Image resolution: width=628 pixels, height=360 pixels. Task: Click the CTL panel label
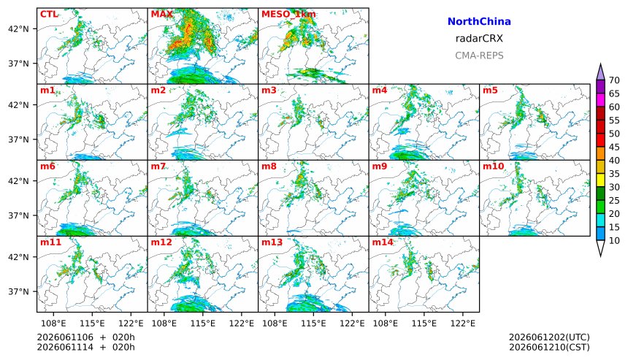pos(49,15)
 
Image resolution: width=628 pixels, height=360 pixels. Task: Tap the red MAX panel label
pos(162,15)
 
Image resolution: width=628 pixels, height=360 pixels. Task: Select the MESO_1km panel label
pos(288,15)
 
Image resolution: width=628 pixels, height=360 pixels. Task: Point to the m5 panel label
pos(490,90)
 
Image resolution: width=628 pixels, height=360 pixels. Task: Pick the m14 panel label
pos(383,242)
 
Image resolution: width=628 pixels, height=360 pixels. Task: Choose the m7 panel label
pos(158,166)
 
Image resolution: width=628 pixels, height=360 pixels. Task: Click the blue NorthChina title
pos(479,22)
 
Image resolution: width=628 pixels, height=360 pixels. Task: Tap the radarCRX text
pos(479,39)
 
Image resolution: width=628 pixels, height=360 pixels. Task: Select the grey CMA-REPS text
pos(479,55)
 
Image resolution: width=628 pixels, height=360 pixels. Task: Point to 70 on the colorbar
pos(614,80)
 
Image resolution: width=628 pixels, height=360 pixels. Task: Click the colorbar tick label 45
pos(614,147)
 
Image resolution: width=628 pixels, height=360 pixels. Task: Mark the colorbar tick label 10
pos(614,241)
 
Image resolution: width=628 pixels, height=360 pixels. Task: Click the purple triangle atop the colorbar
pos(600,72)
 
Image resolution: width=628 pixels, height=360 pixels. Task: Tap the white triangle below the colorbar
pos(600,248)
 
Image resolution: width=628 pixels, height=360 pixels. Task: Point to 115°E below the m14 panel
pos(424,323)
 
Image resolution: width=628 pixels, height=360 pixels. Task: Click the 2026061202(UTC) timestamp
pos(549,337)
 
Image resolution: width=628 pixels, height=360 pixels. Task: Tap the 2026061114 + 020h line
pos(85,347)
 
